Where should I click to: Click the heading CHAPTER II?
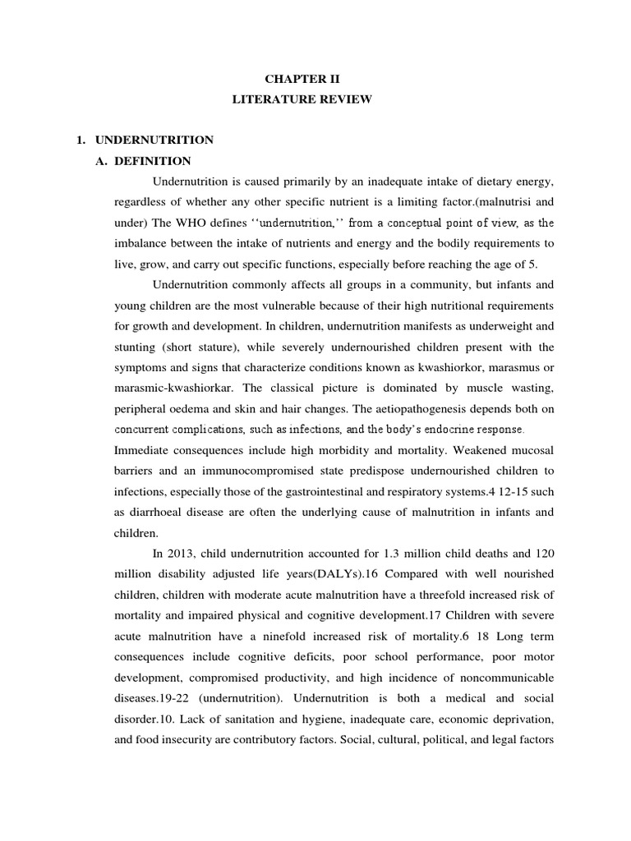[301, 79]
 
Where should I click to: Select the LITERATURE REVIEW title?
[301, 99]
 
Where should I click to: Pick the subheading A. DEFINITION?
[154, 161]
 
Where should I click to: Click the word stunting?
[136, 347]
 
